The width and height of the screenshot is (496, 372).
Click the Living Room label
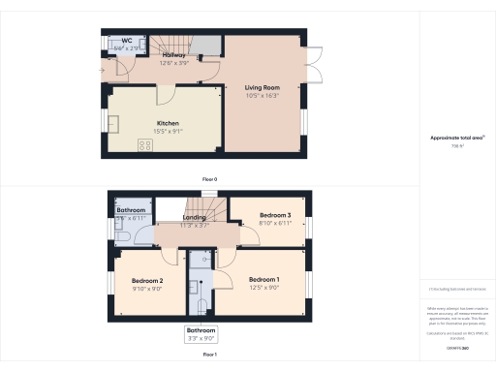[263, 87]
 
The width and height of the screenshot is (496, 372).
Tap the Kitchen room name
[169, 123]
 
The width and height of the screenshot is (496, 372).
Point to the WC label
[127, 41]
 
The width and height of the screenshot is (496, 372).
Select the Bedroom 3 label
[274, 215]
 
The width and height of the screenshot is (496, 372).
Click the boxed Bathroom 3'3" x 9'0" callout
[202, 334]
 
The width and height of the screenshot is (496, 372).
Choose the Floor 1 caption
[209, 356]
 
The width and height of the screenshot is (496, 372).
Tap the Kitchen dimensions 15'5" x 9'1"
[169, 132]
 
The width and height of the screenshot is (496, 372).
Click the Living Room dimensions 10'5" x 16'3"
[263, 95]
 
